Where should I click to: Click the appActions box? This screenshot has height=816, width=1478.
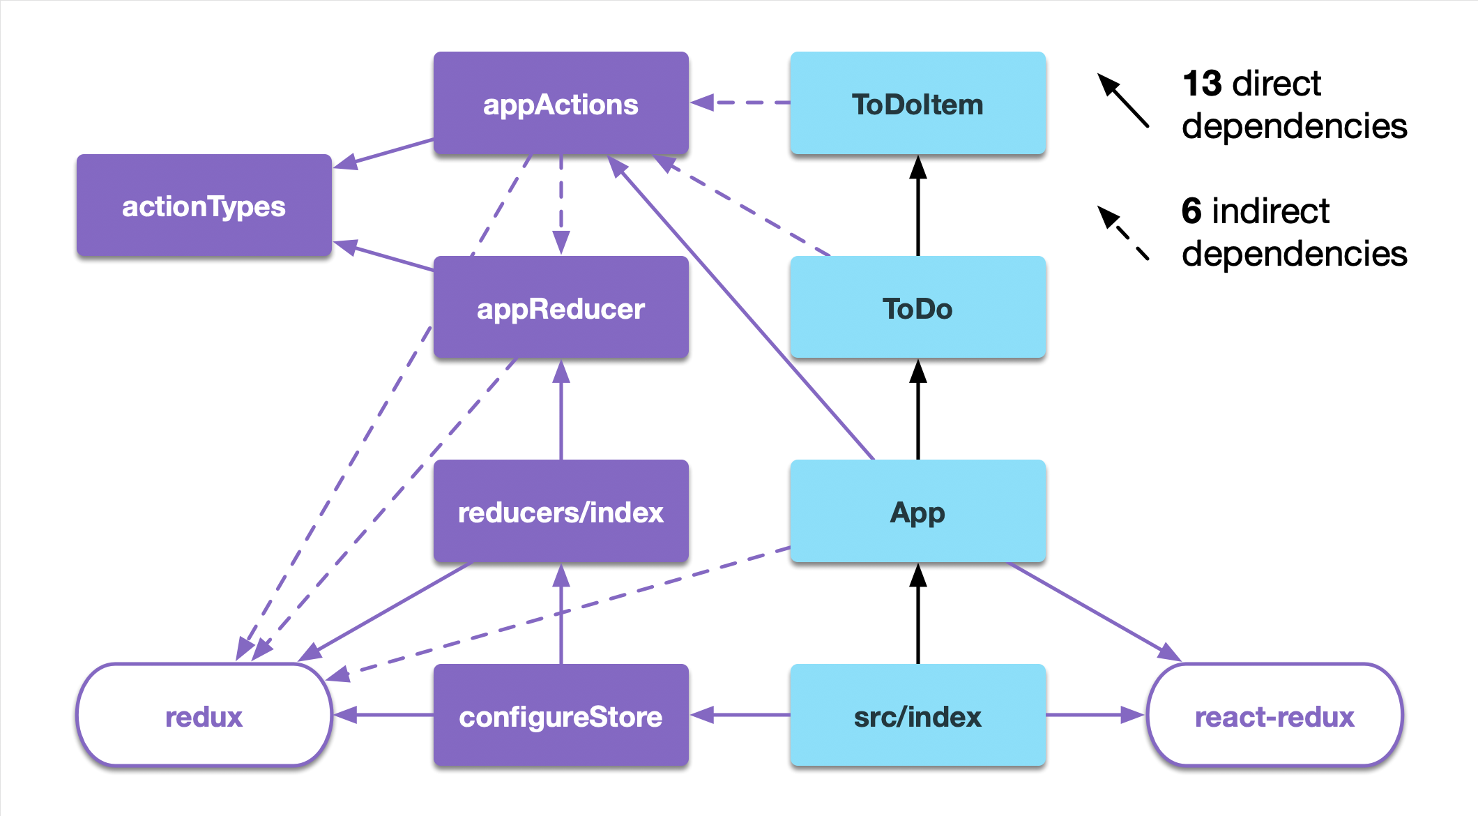click(561, 103)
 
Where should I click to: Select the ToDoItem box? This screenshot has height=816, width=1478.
click(917, 103)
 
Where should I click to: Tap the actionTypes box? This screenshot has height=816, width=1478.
click(204, 206)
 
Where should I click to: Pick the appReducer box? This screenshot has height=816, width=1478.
click(561, 308)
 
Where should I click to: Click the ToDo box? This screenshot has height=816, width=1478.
click(917, 308)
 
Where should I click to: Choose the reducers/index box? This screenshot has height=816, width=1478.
click(561, 511)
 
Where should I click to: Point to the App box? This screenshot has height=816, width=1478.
click(917, 511)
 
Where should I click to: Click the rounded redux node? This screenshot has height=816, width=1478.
click(204, 716)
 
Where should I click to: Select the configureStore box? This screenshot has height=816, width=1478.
click(561, 716)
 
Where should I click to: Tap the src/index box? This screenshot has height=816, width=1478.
click(917, 716)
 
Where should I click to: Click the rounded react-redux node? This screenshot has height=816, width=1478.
click(1274, 716)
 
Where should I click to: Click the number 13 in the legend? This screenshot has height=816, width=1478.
click(1202, 84)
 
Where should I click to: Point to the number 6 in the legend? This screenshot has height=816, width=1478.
click(1191, 211)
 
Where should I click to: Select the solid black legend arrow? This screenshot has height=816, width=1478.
click(1123, 100)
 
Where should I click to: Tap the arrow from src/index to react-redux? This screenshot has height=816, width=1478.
click(1095, 715)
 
